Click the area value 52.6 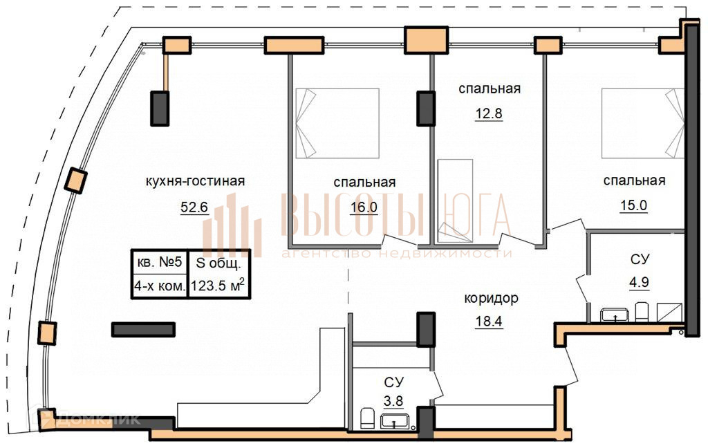194,207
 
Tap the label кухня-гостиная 196,181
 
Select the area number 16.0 364,207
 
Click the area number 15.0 633,206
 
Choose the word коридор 491,299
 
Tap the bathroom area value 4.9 639,282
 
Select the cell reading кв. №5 159,263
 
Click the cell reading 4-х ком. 159,286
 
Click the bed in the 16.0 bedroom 337,123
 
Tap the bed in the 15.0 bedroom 643,123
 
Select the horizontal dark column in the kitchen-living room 143,329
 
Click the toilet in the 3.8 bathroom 368,418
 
